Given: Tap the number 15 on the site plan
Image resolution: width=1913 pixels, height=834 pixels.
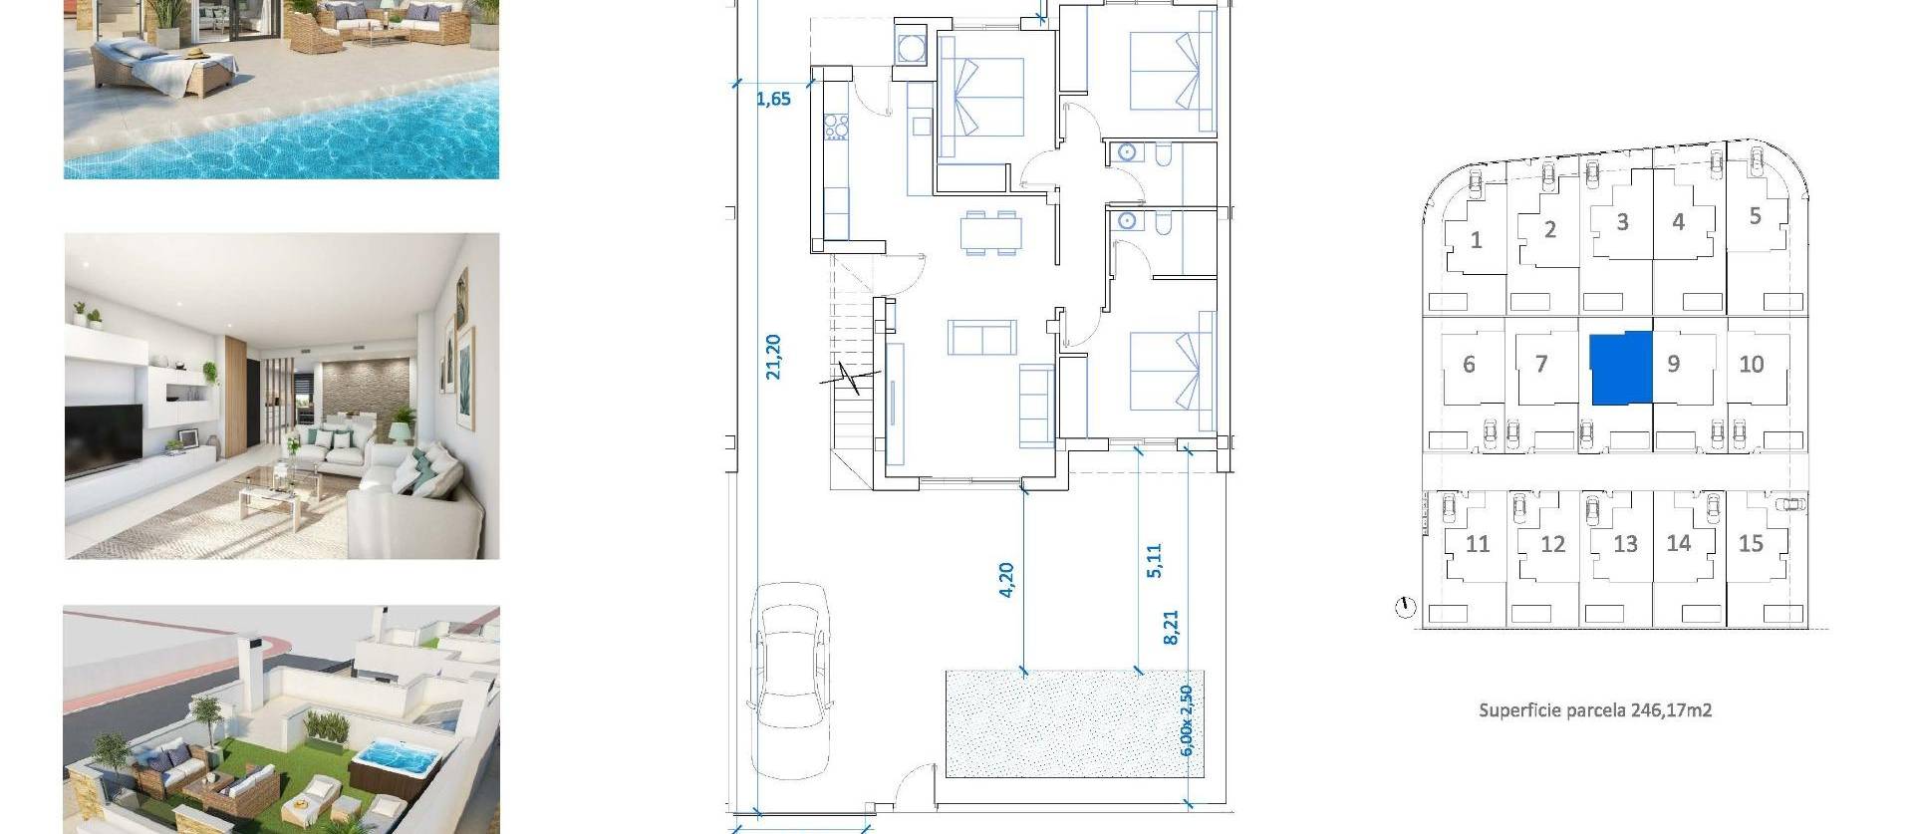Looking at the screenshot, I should coord(1750,543).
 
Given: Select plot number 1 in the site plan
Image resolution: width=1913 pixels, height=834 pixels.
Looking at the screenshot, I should coord(1476,240).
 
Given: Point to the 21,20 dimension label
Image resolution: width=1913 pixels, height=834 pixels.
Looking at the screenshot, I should coord(773,357).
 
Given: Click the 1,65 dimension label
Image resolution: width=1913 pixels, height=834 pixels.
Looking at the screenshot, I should coord(773,99).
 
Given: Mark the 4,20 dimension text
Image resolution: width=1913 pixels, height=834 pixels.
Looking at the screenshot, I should coord(1005,579).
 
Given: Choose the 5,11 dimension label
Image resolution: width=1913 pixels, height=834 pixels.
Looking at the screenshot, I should coord(1154,560).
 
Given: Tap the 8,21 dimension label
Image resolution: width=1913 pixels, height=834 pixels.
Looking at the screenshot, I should coord(1171,627).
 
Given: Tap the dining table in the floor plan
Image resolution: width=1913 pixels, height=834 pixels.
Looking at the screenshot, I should coord(992,233).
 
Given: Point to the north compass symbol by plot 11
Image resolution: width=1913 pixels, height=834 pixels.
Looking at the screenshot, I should coord(1405,607).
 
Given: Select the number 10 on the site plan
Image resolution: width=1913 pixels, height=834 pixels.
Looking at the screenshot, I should coord(1751,365).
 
